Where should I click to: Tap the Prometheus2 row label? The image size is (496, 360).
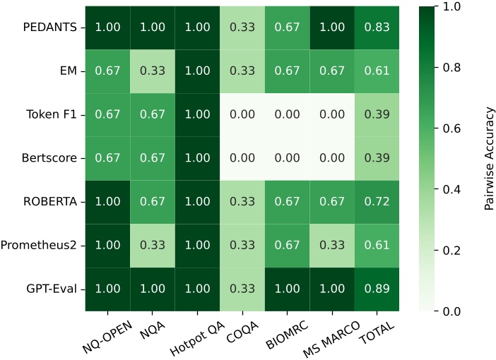[43, 246]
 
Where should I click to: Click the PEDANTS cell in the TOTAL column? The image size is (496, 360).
[377, 29]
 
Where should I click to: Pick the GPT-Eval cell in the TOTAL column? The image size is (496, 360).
[377, 289]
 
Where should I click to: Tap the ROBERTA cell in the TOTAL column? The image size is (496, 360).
[377, 203]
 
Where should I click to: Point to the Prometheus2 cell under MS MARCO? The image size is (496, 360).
[332, 246]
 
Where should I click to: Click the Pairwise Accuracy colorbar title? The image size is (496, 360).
[488, 159]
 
